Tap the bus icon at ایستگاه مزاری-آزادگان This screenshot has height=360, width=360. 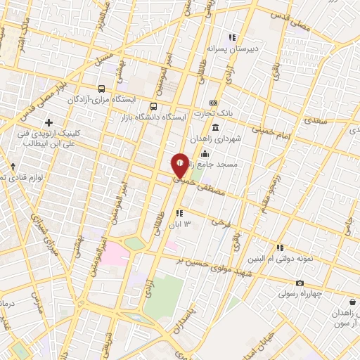click(103, 89)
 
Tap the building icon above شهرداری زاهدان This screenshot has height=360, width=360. click(215, 127)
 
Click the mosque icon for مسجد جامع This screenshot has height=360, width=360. click(205, 153)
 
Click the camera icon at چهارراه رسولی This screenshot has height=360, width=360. click(300, 283)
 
